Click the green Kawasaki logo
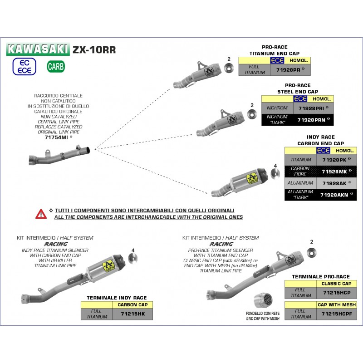38,49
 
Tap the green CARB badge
56,67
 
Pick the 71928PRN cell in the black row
313,120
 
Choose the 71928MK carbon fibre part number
336,171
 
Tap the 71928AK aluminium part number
336,183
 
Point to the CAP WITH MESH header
337,305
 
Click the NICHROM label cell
277,108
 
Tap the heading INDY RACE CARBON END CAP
314,140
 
